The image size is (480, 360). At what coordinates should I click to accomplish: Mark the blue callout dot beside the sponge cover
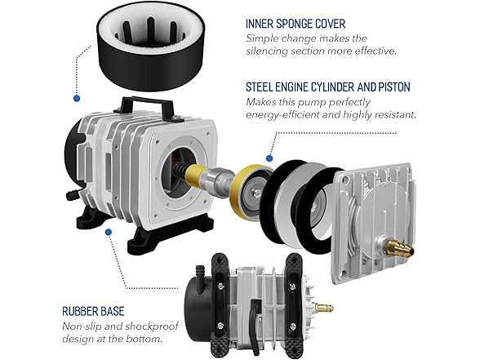point(76,98)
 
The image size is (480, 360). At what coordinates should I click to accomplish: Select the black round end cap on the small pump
point(204,299)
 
